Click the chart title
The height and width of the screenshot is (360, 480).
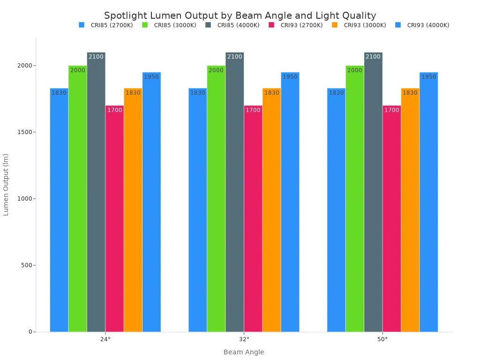click(240, 15)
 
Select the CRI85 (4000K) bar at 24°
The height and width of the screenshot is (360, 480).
click(96, 192)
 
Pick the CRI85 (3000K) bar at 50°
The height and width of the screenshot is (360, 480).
click(354, 199)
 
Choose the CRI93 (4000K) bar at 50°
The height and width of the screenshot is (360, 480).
click(428, 202)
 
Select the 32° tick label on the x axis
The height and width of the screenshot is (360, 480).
click(244, 339)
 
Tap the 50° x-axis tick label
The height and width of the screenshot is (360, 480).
click(382, 339)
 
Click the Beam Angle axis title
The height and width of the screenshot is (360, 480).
click(244, 352)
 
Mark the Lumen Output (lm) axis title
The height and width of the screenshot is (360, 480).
click(6, 185)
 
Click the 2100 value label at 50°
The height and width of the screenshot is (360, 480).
click(373, 57)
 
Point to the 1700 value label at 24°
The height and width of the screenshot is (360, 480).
click(114, 110)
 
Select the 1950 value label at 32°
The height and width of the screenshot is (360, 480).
click(290, 77)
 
